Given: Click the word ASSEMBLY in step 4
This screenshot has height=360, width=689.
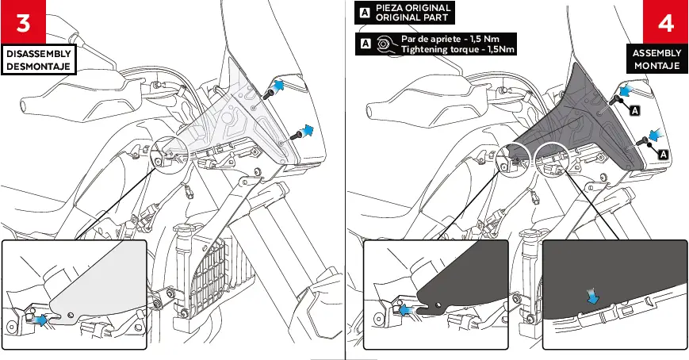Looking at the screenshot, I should [656, 53].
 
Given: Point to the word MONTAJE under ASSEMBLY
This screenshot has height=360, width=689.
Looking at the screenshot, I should [656, 66].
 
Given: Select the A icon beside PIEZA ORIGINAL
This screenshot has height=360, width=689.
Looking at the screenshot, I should [364, 13].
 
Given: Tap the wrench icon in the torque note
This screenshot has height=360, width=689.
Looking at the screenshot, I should [385, 44].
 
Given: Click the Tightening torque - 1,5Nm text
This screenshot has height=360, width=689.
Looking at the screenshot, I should [457, 49].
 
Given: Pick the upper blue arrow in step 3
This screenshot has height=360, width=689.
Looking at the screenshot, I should [280, 85].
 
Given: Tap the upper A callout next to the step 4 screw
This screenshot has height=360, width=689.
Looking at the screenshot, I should [634, 110].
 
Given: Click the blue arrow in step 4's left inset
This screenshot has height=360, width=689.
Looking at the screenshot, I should [407, 310].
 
